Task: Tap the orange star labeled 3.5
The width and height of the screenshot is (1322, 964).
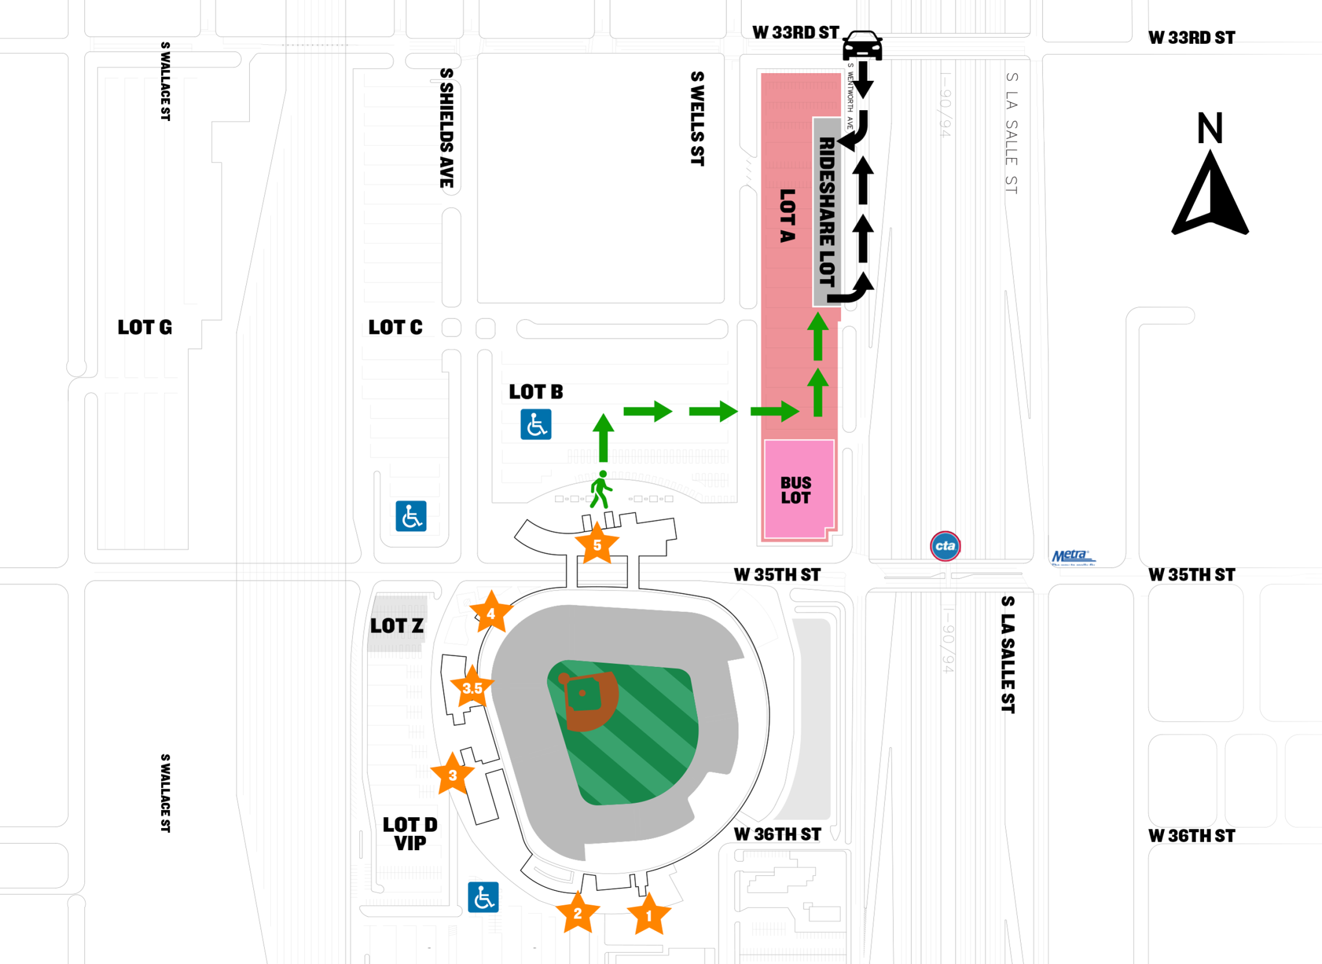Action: click(x=472, y=688)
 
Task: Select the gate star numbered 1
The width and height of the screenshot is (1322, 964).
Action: click(x=648, y=916)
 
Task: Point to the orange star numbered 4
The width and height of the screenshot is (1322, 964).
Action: click(x=491, y=613)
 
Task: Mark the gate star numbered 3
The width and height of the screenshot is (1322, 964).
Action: click(x=453, y=775)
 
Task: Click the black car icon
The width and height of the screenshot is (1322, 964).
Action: click(x=862, y=45)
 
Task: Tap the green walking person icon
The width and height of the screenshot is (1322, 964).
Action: click(x=601, y=490)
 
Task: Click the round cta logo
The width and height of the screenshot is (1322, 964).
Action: click(x=945, y=546)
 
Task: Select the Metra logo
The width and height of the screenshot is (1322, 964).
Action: click(x=1073, y=557)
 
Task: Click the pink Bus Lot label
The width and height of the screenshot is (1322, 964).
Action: click(x=796, y=490)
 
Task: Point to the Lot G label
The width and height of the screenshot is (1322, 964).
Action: click(x=145, y=328)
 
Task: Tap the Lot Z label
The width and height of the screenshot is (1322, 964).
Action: click(x=396, y=626)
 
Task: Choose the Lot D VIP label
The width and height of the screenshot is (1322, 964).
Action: click(x=410, y=833)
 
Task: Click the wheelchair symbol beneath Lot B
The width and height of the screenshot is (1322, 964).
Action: click(x=535, y=425)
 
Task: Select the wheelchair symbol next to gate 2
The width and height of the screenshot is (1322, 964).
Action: click(x=483, y=897)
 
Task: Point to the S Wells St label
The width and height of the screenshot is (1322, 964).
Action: click(x=697, y=119)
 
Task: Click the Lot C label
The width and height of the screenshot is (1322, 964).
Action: click(x=395, y=328)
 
